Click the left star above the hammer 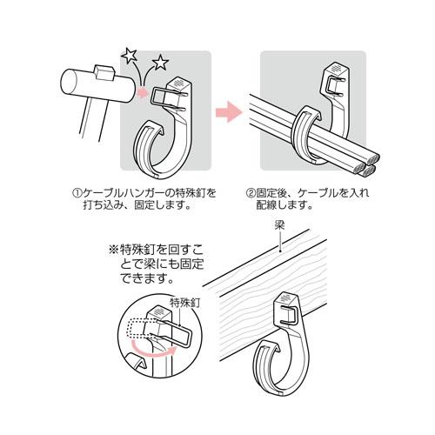[129, 57]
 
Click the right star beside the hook [160, 63]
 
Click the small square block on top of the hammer [104, 71]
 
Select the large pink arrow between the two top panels [229, 111]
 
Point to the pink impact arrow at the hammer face [143, 92]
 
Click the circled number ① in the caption [77, 193]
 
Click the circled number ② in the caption [251, 193]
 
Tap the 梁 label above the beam [279, 225]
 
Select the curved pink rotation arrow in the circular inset [153, 350]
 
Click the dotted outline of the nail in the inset [137, 329]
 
